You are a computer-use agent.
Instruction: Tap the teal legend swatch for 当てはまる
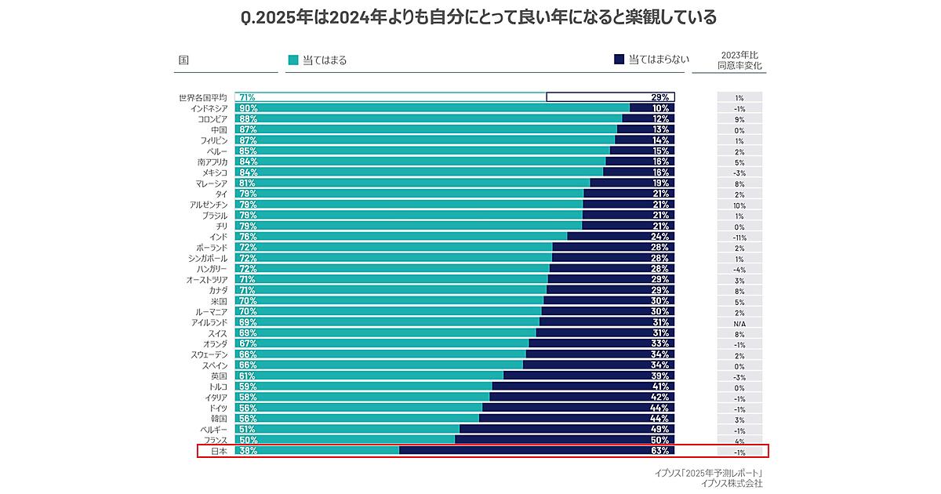coord(293,60)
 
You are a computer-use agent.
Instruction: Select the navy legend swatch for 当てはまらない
coord(619,60)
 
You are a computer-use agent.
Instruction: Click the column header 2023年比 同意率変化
coord(739,61)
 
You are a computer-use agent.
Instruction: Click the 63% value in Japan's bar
coord(659,451)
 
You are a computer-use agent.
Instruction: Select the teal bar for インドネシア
coord(431,108)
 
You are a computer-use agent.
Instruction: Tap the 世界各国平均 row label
coord(202,97)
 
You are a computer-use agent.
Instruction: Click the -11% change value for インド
coord(739,237)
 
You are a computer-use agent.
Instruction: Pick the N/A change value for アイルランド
coord(739,323)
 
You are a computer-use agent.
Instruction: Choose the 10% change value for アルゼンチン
coord(739,205)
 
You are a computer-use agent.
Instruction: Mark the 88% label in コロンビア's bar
coord(249,119)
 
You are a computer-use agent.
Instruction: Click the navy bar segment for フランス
coord(565,440)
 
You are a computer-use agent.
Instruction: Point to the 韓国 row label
coord(219,419)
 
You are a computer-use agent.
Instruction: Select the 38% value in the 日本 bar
coord(249,451)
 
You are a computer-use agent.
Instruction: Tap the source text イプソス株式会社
coord(732,484)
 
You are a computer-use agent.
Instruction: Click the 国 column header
coord(183,60)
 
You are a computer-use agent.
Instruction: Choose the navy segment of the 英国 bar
coord(588,376)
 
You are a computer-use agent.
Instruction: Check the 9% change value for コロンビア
coord(739,119)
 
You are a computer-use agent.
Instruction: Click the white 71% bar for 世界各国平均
coord(392,97)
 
